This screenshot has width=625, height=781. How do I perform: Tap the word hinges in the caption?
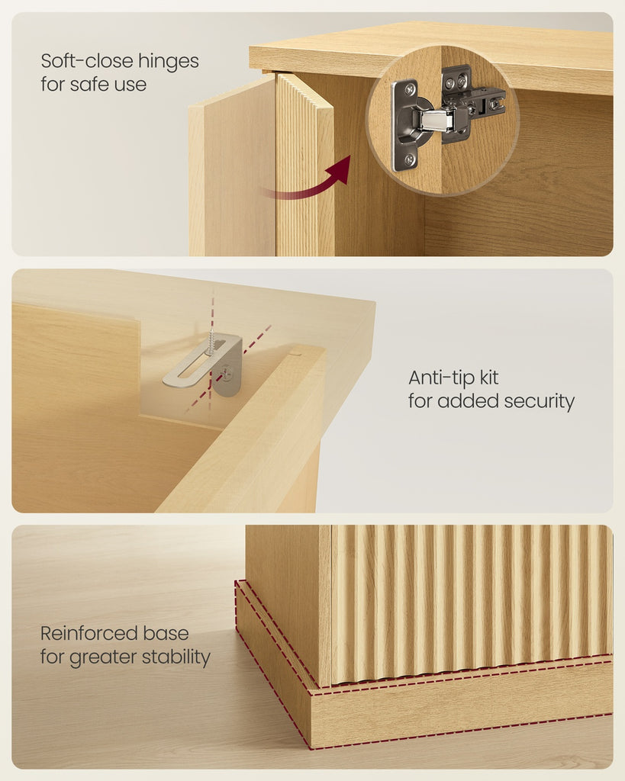pyautogui.click(x=169, y=62)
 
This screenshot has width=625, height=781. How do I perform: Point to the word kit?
pyautogui.click(x=489, y=378)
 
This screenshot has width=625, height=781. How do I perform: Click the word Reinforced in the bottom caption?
pyautogui.click(x=89, y=634)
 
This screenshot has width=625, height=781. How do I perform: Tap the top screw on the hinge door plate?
pyautogui.click(x=410, y=90)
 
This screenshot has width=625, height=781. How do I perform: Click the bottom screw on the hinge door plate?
pyautogui.click(x=409, y=159)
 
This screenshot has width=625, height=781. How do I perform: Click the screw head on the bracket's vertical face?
pyautogui.click(x=226, y=371)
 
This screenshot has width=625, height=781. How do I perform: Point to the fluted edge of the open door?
pyautogui.click(x=304, y=166)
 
